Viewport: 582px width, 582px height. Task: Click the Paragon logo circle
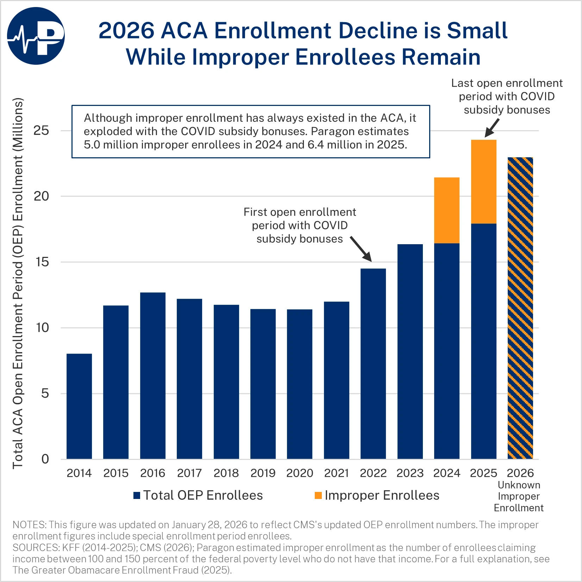click(x=36, y=36)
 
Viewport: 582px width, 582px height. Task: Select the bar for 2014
click(x=79, y=406)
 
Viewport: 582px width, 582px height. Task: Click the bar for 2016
click(x=153, y=375)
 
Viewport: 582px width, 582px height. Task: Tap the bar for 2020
click(x=300, y=384)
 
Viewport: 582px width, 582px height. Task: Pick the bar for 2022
click(x=373, y=363)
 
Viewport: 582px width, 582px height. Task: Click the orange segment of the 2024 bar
click(x=447, y=210)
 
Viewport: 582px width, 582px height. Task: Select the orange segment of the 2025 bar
click(x=484, y=182)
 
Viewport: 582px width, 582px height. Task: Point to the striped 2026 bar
click(x=520, y=308)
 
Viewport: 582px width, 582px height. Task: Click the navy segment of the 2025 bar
click(x=484, y=341)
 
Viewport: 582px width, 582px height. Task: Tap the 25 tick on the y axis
click(x=41, y=131)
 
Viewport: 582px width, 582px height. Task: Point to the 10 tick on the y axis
click(x=42, y=328)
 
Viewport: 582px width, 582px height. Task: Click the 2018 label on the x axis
click(x=226, y=473)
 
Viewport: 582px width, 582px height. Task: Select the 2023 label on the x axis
click(x=410, y=473)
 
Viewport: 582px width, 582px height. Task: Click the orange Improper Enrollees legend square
click(x=318, y=495)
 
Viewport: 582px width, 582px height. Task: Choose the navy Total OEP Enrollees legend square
click(x=137, y=495)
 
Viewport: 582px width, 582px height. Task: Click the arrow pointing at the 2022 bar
click(x=361, y=249)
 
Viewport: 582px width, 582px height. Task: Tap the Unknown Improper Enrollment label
click(x=519, y=496)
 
